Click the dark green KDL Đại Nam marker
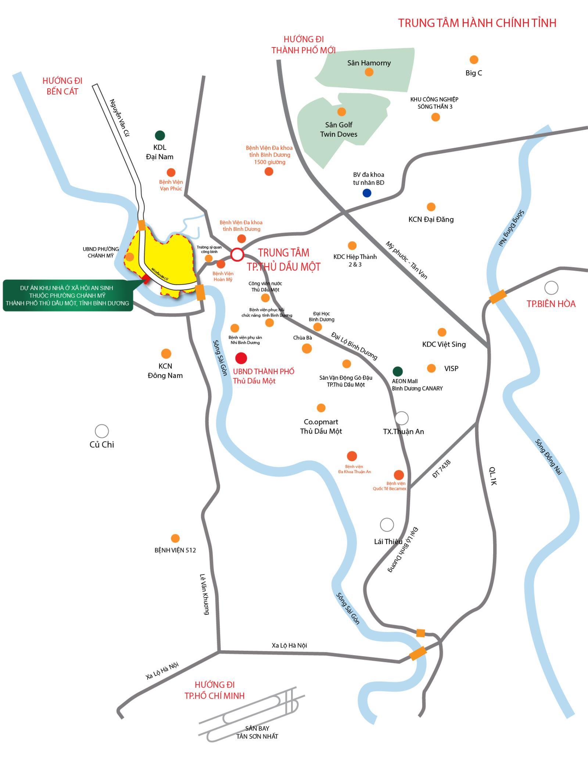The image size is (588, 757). (x=160, y=135)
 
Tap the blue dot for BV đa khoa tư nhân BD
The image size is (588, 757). (x=367, y=193)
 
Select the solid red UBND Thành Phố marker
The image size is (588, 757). (x=241, y=358)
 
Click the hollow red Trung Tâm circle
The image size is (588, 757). (x=237, y=254)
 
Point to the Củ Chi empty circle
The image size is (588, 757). (x=102, y=431)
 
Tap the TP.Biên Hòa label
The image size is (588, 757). (x=551, y=304)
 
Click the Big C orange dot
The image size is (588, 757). (x=474, y=60)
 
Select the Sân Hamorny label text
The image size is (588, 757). (x=369, y=63)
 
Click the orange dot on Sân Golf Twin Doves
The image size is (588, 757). (x=341, y=111)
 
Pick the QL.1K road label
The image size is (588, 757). (x=493, y=476)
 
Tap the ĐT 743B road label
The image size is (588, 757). (x=441, y=469)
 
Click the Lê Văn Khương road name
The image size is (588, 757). (x=204, y=594)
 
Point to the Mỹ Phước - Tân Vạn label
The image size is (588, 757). (x=406, y=260)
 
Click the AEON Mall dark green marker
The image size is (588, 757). (x=398, y=371)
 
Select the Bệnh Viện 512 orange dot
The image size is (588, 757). (x=175, y=538)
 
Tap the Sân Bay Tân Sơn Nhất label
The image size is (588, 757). (x=257, y=732)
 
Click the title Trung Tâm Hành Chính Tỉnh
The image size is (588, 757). (x=477, y=23)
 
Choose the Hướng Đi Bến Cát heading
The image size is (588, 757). (x=62, y=86)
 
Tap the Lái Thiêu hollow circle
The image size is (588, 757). (x=387, y=525)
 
